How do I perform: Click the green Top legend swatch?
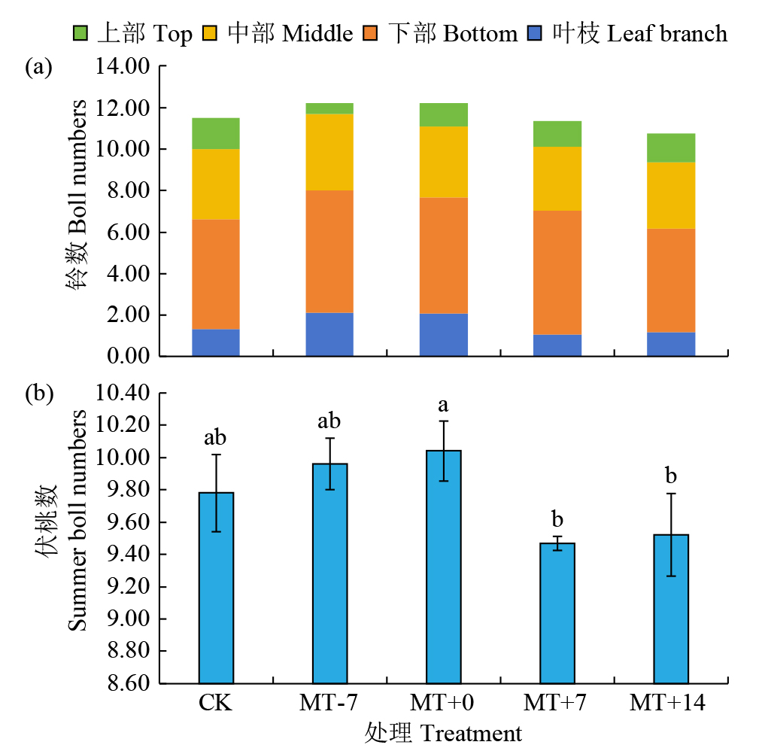pyautogui.click(x=80, y=33)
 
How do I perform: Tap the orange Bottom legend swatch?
pyautogui.click(x=371, y=33)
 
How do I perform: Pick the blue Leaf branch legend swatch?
pyautogui.click(x=535, y=33)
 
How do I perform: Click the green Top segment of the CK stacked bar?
pyautogui.click(x=216, y=133)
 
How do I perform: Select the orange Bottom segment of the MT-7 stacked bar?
pyautogui.click(x=329, y=251)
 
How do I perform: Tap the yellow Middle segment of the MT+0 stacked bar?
pyautogui.click(x=444, y=162)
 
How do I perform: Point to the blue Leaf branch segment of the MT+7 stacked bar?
pyautogui.click(x=557, y=345)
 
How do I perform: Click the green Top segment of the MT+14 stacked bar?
pyautogui.click(x=672, y=147)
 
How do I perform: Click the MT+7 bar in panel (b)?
pyautogui.click(x=557, y=613)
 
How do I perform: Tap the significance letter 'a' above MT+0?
pyautogui.click(x=444, y=406)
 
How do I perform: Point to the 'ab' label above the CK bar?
pyautogui.click(x=216, y=438)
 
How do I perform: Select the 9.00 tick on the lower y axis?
pyautogui.click(x=127, y=619)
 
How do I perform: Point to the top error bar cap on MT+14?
pyautogui.click(x=672, y=494)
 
